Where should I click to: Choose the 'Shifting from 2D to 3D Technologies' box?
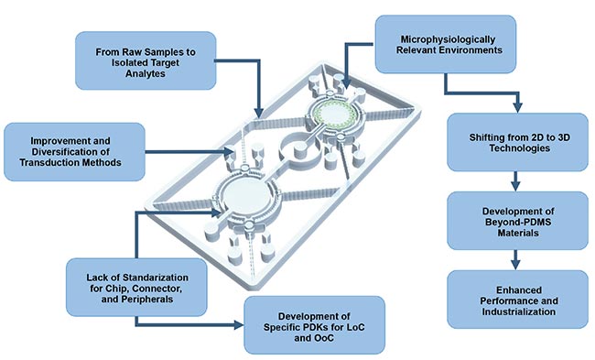click(x=515, y=142)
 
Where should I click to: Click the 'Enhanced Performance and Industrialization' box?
click(x=515, y=299)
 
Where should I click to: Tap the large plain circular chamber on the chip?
click(x=241, y=198)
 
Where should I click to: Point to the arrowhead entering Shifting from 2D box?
click(x=515, y=104)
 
